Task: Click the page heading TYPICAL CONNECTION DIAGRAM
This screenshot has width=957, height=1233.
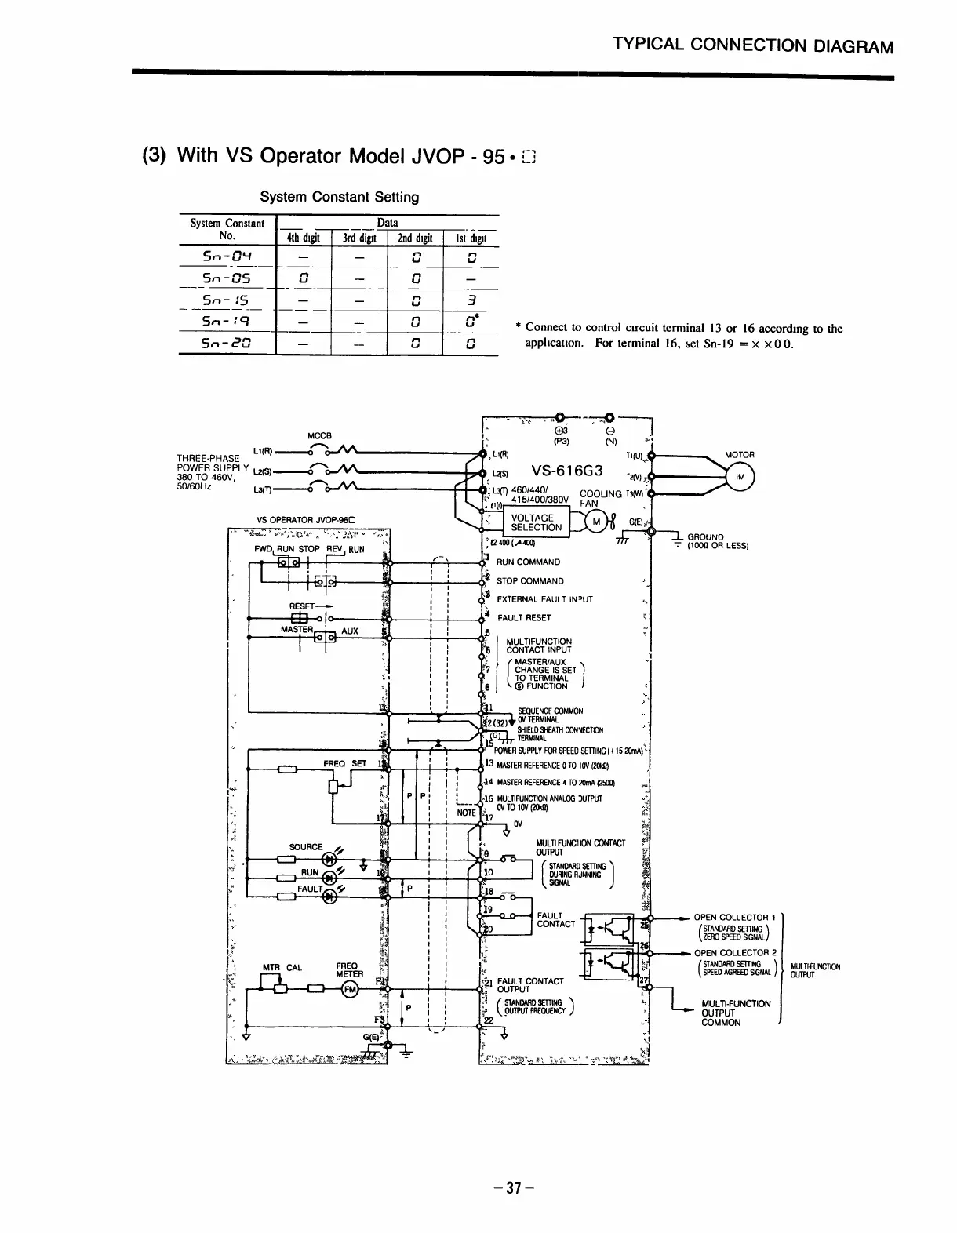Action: (x=753, y=45)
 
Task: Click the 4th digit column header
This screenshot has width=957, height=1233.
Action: (x=304, y=238)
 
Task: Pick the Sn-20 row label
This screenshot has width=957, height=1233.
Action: (x=226, y=343)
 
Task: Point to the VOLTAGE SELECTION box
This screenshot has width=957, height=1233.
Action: (x=536, y=522)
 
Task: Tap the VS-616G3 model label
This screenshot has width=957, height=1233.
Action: (x=567, y=471)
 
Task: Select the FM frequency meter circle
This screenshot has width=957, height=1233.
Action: (x=349, y=990)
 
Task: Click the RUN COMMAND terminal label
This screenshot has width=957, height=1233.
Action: (x=528, y=562)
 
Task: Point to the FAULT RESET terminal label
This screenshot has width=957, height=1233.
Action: (x=524, y=617)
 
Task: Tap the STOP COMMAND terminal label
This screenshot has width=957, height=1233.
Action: (x=529, y=581)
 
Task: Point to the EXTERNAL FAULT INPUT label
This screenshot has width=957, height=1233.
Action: (x=544, y=598)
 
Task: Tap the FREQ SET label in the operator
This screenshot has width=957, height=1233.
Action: (x=345, y=762)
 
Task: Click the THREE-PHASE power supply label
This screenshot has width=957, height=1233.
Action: (x=208, y=458)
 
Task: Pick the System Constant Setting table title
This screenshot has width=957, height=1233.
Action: (x=339, y=197)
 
